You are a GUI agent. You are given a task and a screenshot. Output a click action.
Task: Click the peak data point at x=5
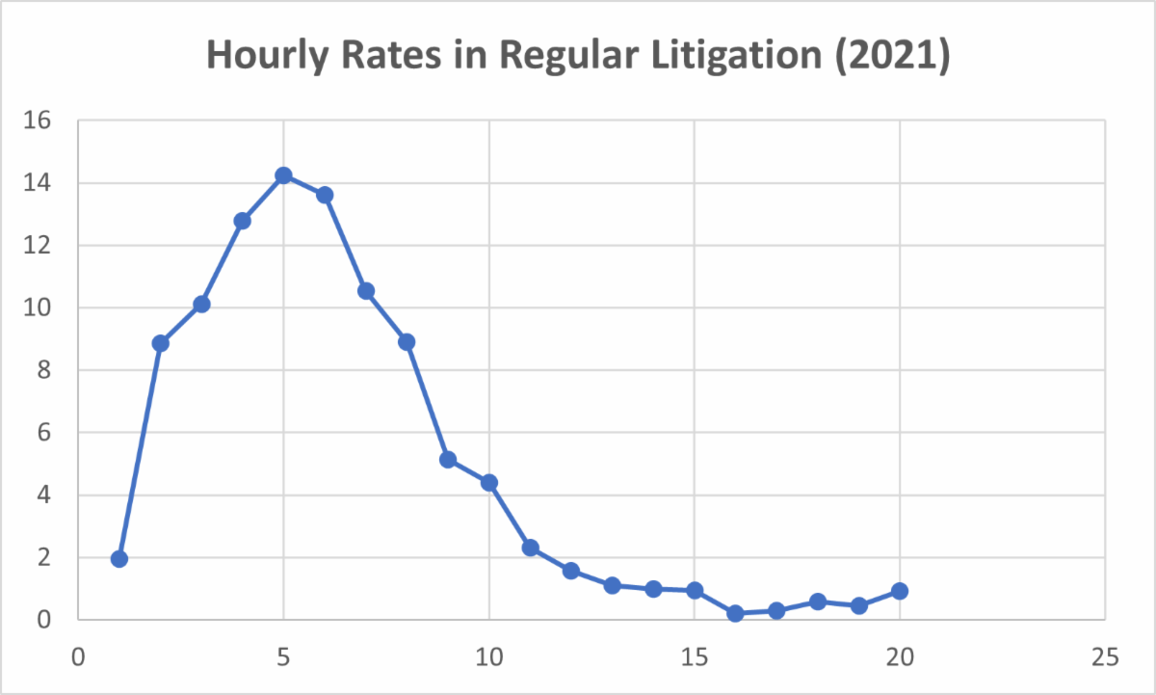[x=283, y=175]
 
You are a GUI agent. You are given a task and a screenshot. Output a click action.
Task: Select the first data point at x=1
[x=119, y=559]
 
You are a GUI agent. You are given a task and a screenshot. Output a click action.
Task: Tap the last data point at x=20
[x=900, y=591]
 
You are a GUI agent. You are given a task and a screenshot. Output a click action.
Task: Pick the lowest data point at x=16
[x=736, y=613]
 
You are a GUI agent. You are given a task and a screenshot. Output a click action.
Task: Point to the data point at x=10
[x=489, y=483]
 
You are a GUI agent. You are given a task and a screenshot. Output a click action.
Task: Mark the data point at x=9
[x=448, y=460]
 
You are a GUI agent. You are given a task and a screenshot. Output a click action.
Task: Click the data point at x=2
[x=161, y=343]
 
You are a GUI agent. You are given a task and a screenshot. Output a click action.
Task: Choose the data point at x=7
[x=366, y=291]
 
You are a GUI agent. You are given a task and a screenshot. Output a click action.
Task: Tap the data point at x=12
[x=571, y=571]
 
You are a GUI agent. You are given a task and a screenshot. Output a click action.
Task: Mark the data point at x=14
[x=653, y=589]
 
